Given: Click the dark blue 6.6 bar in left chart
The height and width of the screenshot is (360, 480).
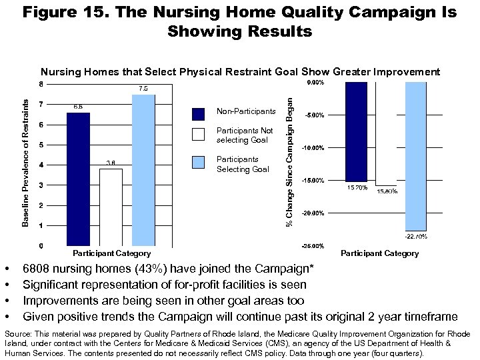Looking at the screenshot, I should coord(78,179).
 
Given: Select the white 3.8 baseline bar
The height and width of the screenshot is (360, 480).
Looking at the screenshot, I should coord(111,207).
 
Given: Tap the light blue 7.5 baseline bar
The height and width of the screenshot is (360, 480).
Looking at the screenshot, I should coord(143,170).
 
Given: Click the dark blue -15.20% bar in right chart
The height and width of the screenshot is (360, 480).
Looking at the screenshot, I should coord(356,131).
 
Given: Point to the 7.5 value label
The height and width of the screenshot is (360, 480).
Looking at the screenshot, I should coord(143,88).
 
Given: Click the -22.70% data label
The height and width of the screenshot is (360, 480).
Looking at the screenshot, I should coord(416,236).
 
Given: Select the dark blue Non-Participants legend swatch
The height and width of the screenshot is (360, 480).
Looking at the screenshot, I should coord(198,113).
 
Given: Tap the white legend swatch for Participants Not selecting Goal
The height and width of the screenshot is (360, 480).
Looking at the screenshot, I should coord(198,134).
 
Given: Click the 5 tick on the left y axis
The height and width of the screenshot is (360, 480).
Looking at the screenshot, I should coord(41,145).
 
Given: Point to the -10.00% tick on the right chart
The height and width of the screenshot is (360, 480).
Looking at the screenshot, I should coord(313,148).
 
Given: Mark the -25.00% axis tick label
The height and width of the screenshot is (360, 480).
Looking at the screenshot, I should coord(313,246).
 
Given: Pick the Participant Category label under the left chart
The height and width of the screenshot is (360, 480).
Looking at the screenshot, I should coord(111,253).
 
